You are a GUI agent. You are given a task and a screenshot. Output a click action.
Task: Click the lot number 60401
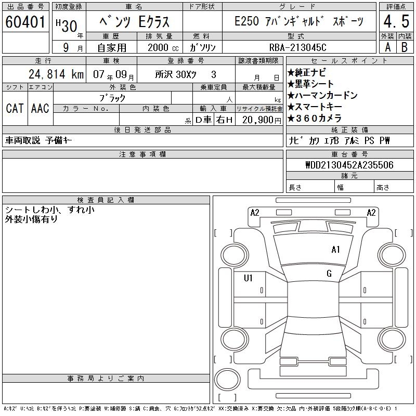25,22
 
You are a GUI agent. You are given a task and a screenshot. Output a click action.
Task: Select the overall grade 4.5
396,21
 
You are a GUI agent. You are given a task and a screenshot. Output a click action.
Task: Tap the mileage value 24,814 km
56,74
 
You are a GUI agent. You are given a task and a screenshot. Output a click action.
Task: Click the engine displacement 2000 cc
163,48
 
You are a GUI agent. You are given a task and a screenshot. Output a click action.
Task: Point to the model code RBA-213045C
297,47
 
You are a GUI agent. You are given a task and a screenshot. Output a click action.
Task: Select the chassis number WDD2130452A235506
349,165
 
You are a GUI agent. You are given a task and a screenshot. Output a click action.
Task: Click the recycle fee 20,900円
262,120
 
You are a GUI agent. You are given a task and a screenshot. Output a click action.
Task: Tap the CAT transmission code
15,108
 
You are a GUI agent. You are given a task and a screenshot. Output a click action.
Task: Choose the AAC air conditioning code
40,108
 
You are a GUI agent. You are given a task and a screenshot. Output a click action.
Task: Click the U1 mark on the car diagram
248,278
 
